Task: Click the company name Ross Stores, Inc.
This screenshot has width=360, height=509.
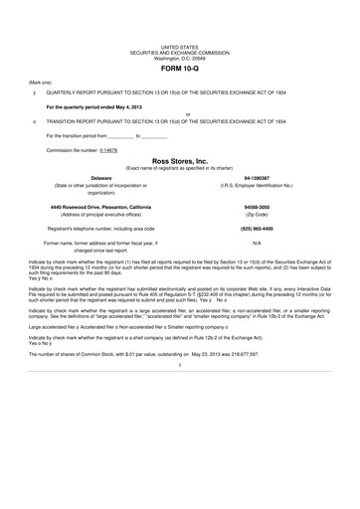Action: (179, 159)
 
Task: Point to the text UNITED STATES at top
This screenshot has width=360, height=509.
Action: (179, 47)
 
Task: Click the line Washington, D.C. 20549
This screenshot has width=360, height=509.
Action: (179, 58)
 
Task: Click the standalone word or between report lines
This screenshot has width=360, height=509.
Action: (179, 112)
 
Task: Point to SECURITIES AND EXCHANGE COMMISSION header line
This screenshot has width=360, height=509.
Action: (179, 53)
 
